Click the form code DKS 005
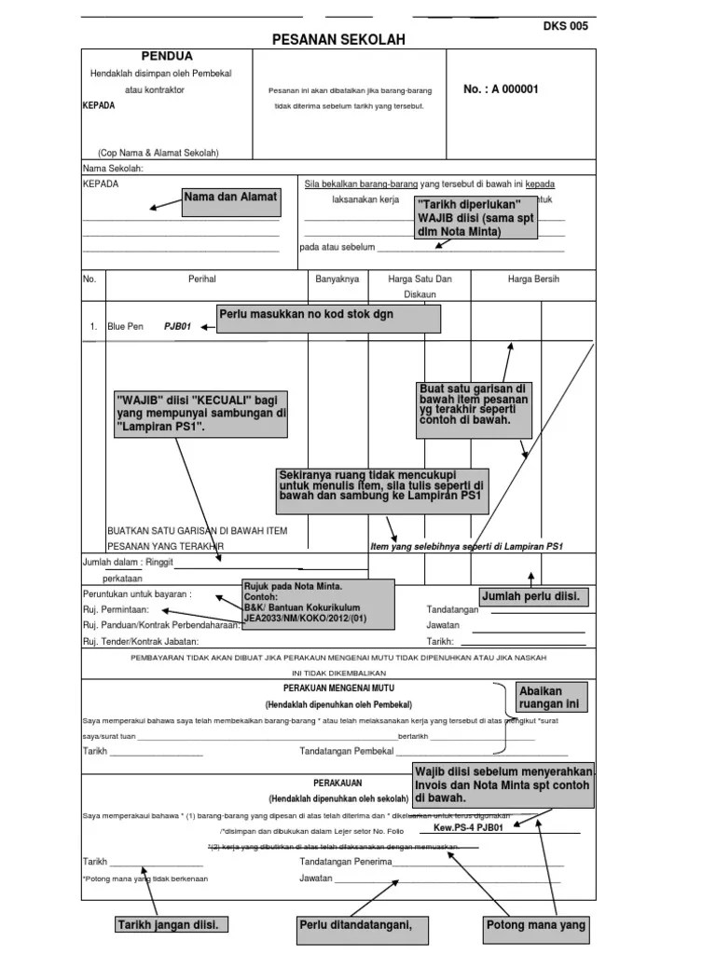(565, 26)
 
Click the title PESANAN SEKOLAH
(338, 40)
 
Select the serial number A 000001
(501, 89)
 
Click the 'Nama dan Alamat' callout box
(230, 200)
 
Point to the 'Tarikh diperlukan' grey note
(475, 217)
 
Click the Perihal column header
(202, 279)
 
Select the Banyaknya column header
(337, 279)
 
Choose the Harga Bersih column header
(533, 279)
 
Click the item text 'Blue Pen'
(126, 327)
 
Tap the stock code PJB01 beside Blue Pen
(177, 327)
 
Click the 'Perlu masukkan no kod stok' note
(328, 319)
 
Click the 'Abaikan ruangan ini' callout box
(554, 697)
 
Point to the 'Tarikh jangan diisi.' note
(172, 925)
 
